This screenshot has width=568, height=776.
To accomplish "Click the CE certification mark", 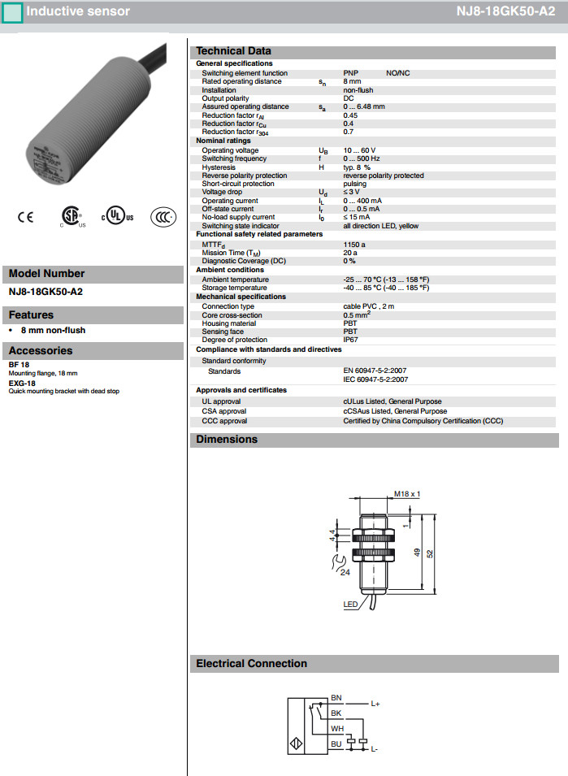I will click(x=26, y=217).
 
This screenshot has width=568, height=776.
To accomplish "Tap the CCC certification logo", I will click(x=163, y=217).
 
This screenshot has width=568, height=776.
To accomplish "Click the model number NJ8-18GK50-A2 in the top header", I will click(x=505, y=12).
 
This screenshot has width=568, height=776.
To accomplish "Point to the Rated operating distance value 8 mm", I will click(x=352, y=81).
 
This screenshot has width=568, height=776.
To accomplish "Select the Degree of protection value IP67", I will click(x=350, y=340).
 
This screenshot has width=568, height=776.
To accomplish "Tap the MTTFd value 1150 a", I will click(x=354, y=244).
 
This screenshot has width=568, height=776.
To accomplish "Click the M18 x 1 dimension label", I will click(x=407, y=494).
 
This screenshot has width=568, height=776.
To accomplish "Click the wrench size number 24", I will click(x=345, y=572).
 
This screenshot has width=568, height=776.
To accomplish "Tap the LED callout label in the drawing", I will click(x=350, y=605).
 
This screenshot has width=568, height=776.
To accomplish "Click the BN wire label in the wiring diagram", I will click(x=336, y=698).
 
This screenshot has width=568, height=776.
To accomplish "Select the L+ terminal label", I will click(x=375, y=704).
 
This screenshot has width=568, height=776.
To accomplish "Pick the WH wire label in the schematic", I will click(x=336, y=728).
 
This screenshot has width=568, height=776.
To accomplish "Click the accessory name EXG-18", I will click(x=22, y=383).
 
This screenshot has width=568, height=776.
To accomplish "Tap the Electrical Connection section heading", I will click(x=252, y=664).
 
